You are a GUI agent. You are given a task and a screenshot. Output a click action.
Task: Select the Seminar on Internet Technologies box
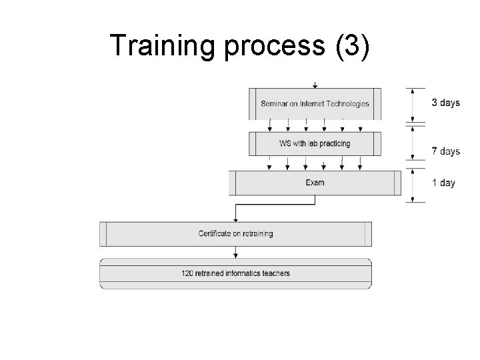pos(315,103)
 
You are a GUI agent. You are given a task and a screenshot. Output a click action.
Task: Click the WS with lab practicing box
pos(315,143)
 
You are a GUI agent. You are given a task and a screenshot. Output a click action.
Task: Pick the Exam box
pos(315,182)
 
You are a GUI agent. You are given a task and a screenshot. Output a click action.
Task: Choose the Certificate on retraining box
pos(235,233)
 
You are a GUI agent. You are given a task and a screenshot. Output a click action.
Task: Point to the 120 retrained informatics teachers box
pos(235,273)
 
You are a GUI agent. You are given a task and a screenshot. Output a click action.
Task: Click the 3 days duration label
pos(445,103)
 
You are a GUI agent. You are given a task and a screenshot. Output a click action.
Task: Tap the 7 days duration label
pos(445,151)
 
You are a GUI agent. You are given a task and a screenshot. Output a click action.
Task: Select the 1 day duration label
pos(443,183)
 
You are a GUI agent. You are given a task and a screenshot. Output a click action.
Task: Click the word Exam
pos(315,182)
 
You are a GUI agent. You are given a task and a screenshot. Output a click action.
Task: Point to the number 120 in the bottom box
pos(187,273)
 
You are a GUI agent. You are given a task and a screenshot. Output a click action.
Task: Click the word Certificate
pos(214,233)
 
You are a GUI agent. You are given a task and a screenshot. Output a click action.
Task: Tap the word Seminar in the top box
pos(274,103)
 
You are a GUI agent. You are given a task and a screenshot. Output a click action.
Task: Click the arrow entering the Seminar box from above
pos(315,85)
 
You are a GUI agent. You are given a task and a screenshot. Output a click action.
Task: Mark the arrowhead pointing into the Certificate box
pos(235,219)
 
